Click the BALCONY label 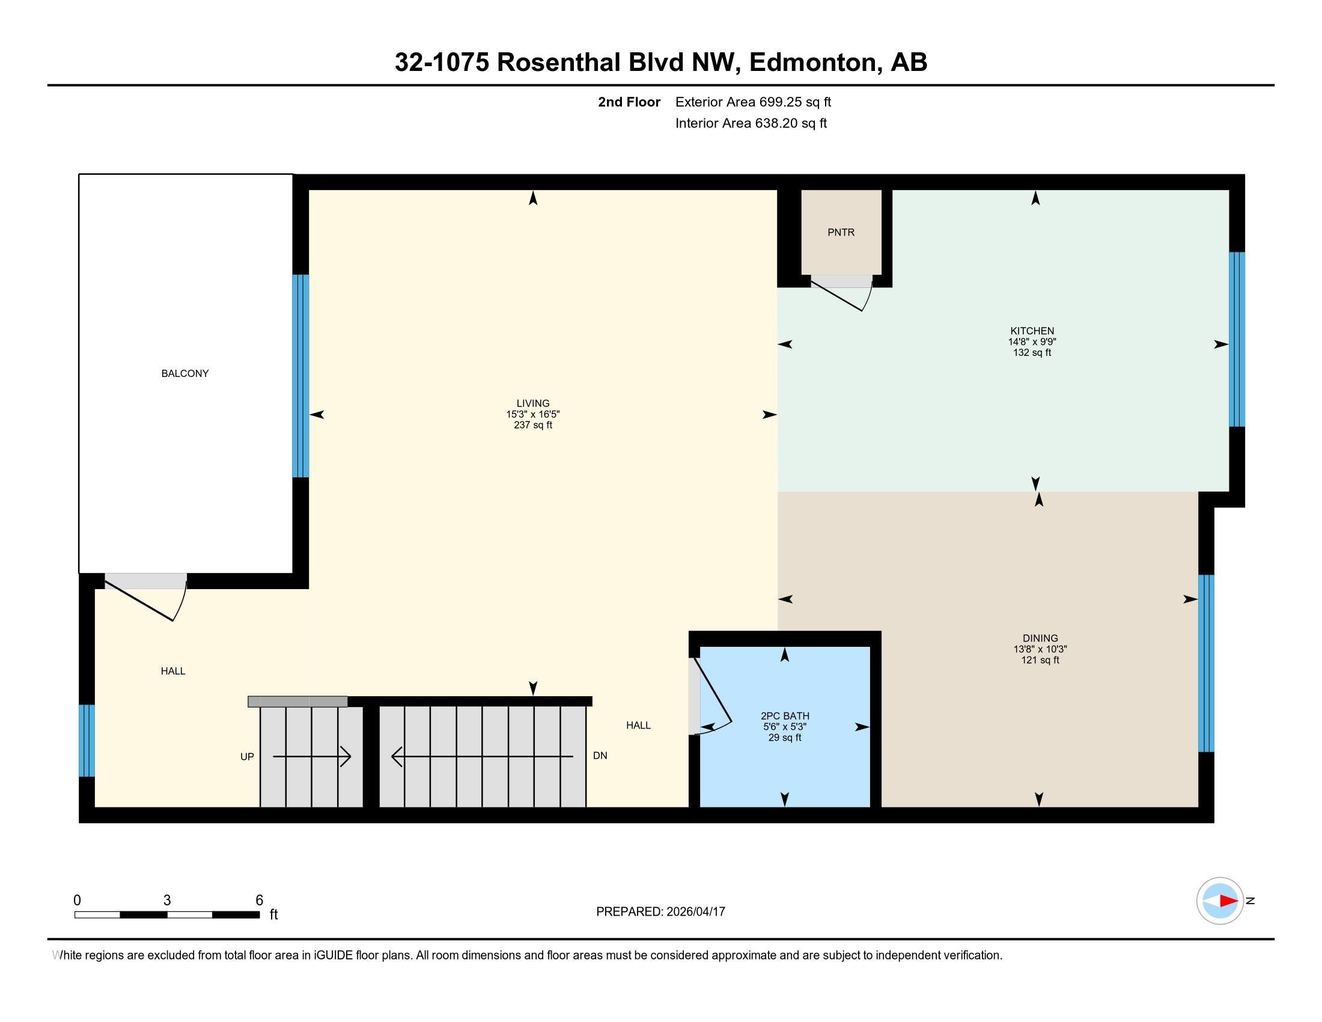184,373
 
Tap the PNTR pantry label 841,233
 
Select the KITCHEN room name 1032,331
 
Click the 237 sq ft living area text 532,425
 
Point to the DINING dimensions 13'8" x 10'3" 1040,649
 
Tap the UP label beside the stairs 247,757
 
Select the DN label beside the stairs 600,756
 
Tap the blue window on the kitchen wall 1237,339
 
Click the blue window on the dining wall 1207,663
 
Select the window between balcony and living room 301,376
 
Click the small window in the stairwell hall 87,740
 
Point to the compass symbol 1220,901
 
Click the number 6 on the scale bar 259,901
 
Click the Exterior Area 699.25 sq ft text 753,102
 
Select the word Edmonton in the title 814,63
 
